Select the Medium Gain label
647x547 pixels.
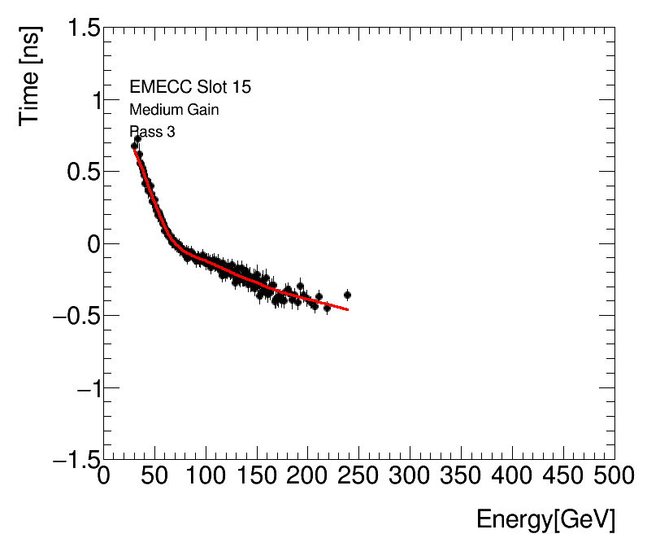(174, 110)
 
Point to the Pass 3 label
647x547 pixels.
(152, 132)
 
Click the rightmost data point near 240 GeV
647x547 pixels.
(347, 295)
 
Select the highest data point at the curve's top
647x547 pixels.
(137, 139)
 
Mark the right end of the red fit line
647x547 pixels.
(348, 309)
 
